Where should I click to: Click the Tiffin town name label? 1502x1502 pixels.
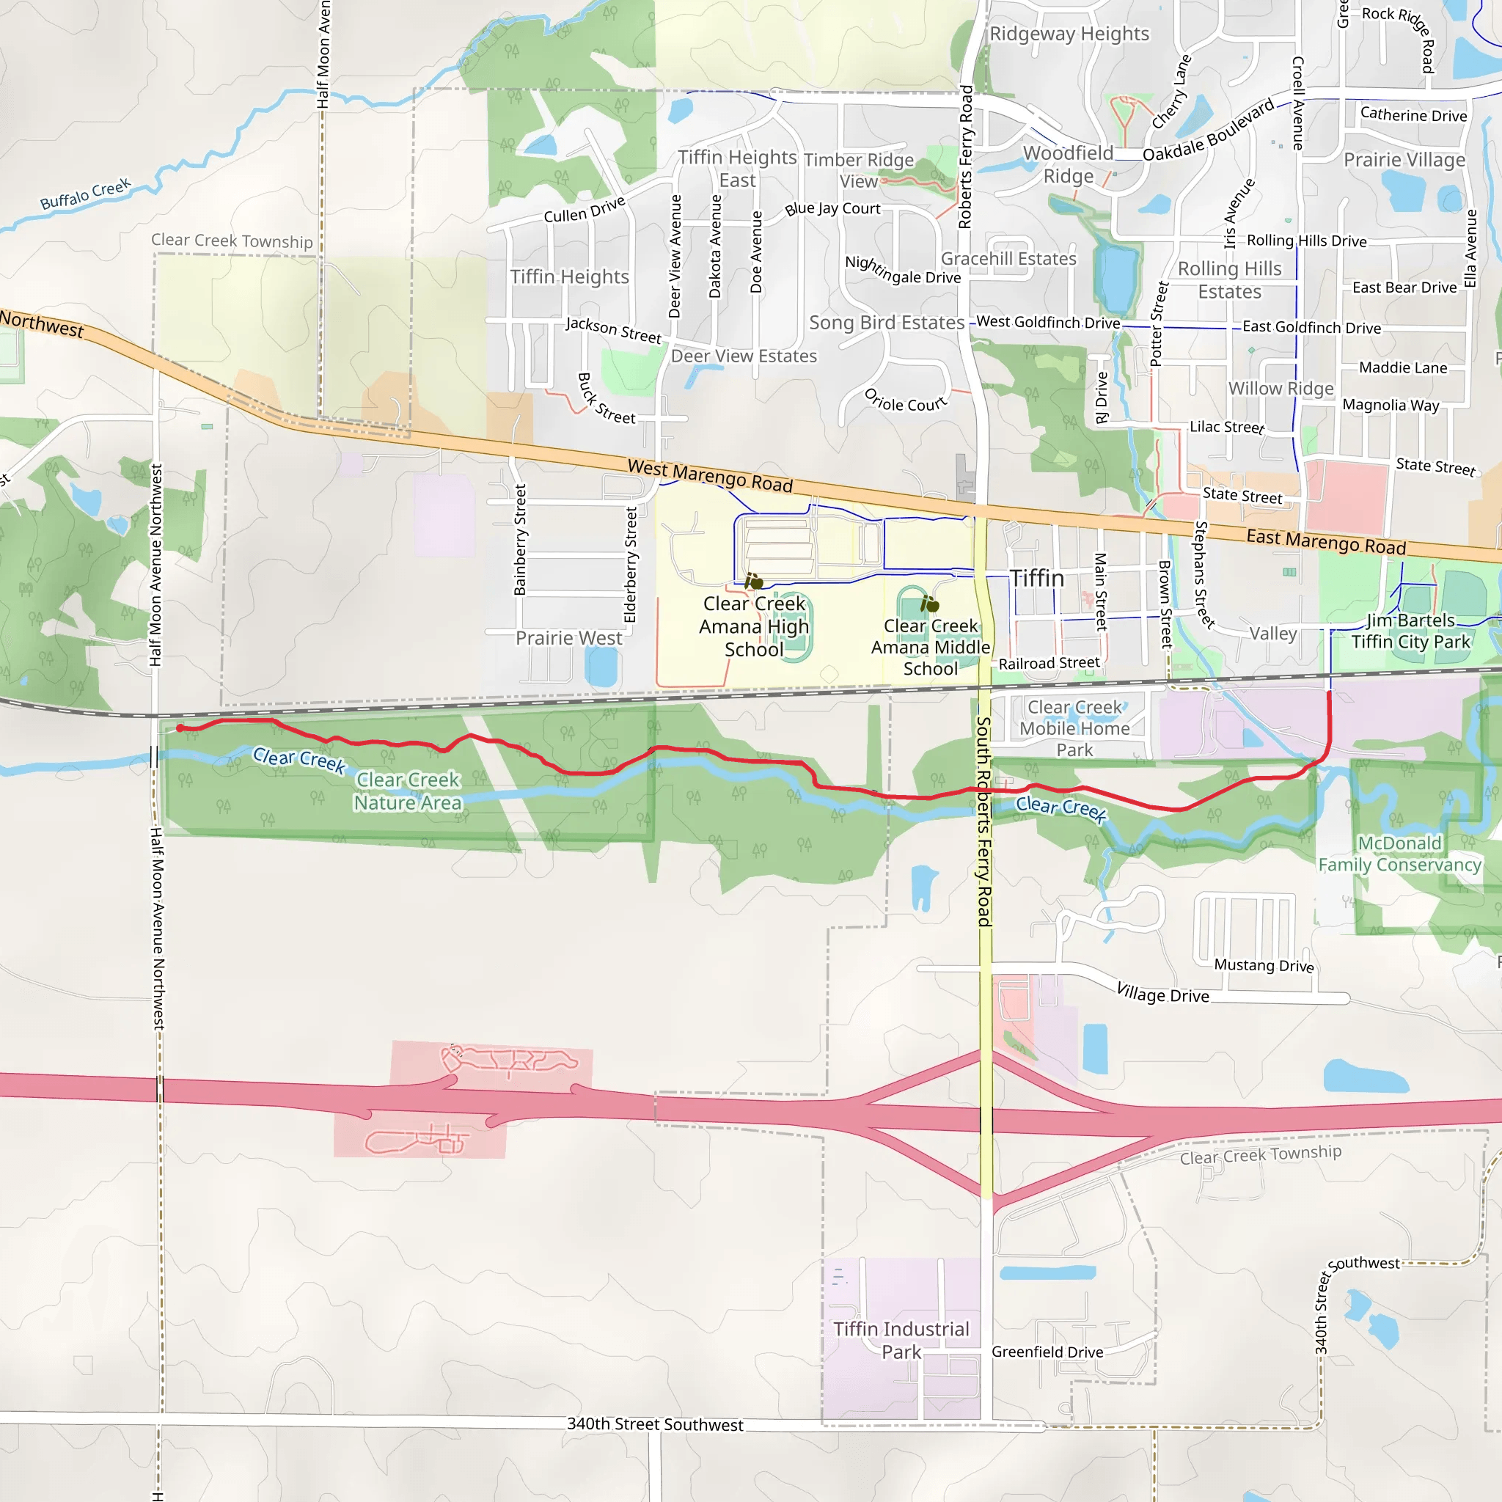tap(1036, 579)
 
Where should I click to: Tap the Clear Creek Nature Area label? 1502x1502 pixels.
tap(407, 791)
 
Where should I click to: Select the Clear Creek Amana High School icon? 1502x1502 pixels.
tap(753, 581)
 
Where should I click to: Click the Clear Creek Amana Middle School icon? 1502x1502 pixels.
tap(929, 604)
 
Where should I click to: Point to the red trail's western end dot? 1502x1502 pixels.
tap(180, 728)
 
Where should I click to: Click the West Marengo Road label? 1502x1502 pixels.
tap(710, 476)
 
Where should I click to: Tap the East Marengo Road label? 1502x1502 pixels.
tap(1325, 541)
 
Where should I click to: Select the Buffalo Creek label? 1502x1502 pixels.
tap(86, 194)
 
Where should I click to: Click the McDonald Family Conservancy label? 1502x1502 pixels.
tap(1399, 854)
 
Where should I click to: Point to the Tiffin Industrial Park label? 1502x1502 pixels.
tap(901, 1341)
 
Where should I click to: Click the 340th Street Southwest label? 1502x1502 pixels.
tap(655, 1424)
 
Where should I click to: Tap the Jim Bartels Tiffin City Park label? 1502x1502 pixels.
tap(1410, 631)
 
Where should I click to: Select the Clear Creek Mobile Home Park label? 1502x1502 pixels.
tap(1074, 728)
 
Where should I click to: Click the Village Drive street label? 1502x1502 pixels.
tap(1162, 993)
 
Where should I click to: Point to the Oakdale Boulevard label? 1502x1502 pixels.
tap(1208, 130)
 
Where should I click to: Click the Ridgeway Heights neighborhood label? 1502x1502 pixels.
tap(1069, 34)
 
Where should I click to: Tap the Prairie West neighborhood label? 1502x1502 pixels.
tap(568, 637)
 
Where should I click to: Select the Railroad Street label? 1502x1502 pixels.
tap(1049, 663)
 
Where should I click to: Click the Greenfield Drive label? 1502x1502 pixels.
tap(1047, 1352)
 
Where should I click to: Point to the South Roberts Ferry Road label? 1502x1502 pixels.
tap(983, 821)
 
